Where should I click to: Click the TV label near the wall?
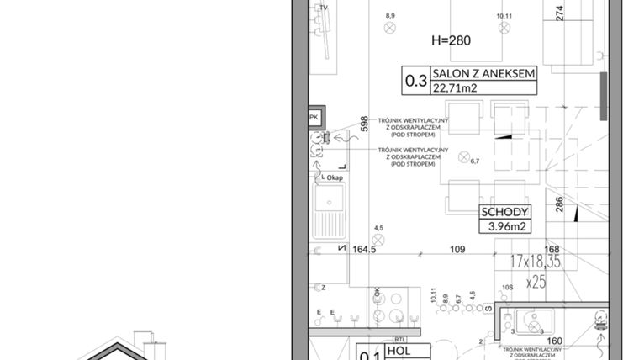323,8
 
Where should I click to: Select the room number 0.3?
415,82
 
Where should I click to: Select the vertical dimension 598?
364,124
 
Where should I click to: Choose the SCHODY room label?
504,212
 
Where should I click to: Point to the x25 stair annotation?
536,282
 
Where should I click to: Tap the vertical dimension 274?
559,12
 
